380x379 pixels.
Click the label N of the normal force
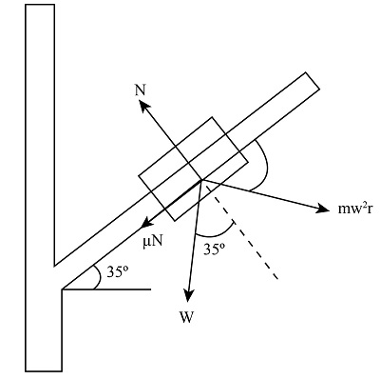coord(141,90)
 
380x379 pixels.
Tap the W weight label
coord(188,317)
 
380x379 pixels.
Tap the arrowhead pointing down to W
coord(190,296)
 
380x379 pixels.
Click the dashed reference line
coord(243,232)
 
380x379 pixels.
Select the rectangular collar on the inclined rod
coord(195,168)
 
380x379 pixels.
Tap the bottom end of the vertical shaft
coord(44,369)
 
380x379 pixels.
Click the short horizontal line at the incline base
coord(109,289)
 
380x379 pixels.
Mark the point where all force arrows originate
coord(200,178)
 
